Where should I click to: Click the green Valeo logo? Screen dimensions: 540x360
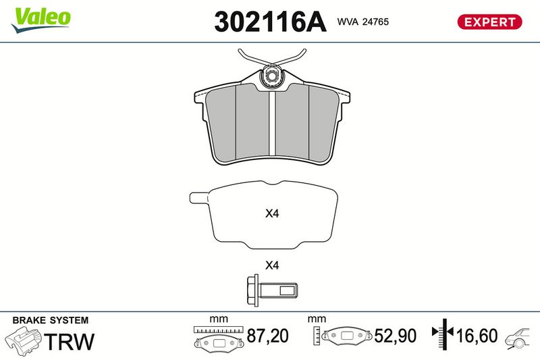40,20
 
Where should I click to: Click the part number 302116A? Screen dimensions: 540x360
270,22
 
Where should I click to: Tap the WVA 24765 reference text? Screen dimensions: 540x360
363,22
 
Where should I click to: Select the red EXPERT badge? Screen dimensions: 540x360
489,22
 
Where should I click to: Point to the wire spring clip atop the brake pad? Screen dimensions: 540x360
272,60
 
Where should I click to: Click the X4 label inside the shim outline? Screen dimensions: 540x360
272,213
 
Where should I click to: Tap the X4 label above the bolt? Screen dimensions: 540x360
272,265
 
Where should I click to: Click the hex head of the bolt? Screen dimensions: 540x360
253,290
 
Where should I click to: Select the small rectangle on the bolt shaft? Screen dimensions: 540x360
287,290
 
